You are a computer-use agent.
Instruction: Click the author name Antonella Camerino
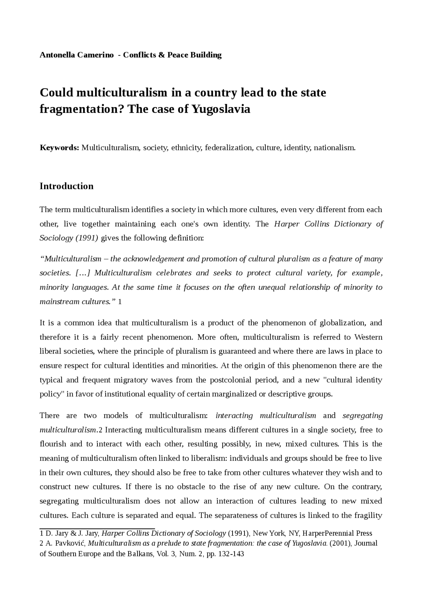(x=77, y=55)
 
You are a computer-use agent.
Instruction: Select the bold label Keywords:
(x=59, y=148)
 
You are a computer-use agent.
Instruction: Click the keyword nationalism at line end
(x=335, y=148)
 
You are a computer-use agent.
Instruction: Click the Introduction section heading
(x=67, y=186)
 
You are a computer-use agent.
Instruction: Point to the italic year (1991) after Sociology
(x=87, y=238)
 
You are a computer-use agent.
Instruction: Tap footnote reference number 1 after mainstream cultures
(x=120, y=302)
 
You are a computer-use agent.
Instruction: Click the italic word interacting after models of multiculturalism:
(x=234, y=416)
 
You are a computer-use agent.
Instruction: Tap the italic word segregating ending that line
(x=362, y=416)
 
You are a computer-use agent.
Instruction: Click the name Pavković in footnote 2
(x=70, y=543)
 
